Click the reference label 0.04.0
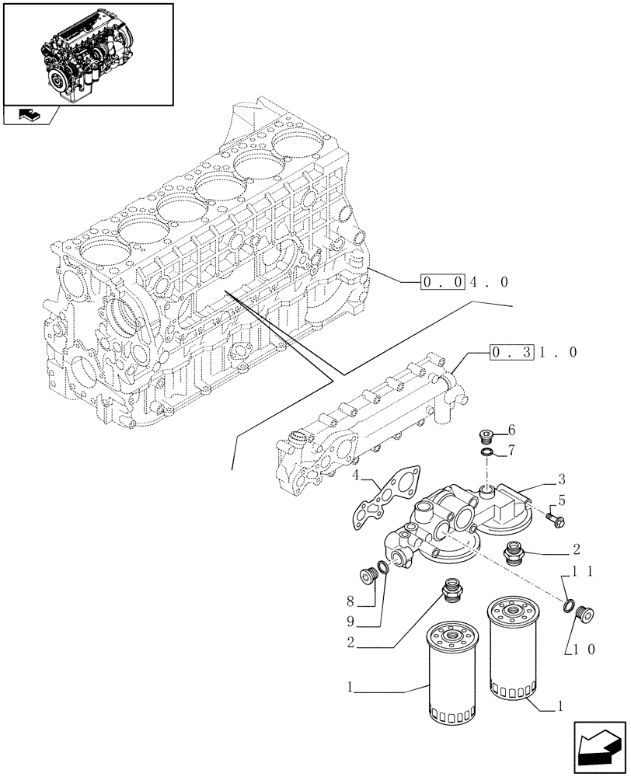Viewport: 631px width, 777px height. click(x=465, y=282)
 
